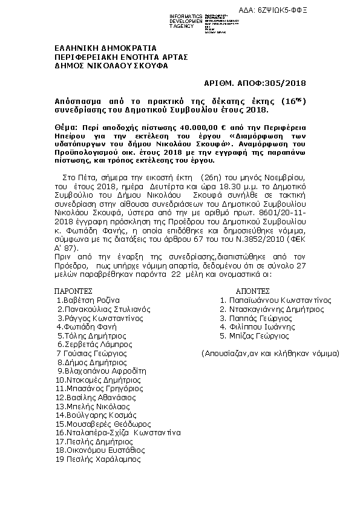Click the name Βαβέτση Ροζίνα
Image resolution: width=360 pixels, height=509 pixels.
click(89, 300)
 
